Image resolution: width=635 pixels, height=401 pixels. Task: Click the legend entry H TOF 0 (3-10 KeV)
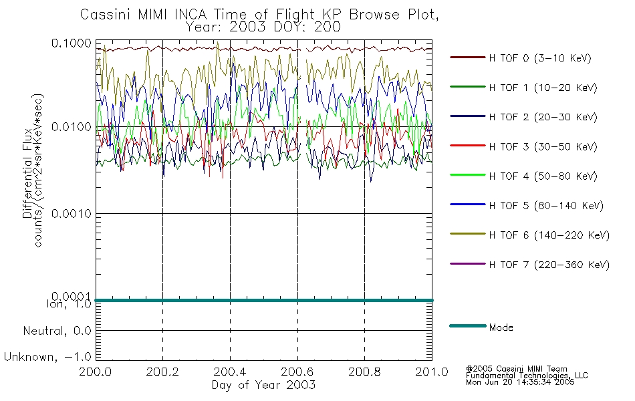(x=540, y=58)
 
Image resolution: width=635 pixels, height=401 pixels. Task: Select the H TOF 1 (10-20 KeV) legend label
(x=543, y=88)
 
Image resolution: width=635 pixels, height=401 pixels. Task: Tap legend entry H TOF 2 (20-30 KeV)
(x=543, y=117)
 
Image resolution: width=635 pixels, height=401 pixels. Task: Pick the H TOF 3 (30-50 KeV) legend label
(x=543, y=146)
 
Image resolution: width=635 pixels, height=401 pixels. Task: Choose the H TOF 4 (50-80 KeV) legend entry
(x=543, y=176)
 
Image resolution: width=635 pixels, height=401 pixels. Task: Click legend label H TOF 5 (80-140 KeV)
(x=546, y=206)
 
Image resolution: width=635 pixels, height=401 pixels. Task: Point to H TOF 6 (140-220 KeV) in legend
(x=549, y=235)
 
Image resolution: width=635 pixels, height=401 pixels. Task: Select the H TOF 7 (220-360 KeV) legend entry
(x=549, y=265)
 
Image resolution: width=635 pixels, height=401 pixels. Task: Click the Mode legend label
(x=501, y=327)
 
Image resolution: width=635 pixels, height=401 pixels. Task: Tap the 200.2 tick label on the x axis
(x=162, y=372)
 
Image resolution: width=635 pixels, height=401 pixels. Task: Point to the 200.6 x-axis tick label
(x=297, y=372)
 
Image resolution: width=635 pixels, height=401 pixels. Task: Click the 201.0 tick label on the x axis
(x=432, y=372)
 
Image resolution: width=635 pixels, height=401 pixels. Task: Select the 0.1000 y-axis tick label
(x=72, y=43)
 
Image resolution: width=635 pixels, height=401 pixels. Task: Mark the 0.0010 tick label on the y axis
(x=72, y=213)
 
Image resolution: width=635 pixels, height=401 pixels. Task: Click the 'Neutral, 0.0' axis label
(x=57, y=331)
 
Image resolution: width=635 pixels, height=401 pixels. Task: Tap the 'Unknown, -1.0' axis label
(x=47, y=357)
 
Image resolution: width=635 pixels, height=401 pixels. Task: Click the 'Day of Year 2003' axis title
(x=263, y=385)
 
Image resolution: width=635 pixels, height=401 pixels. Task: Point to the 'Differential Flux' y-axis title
(x=27, y=173)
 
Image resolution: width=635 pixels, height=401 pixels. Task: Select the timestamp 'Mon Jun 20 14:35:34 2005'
(x=520, y=382)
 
